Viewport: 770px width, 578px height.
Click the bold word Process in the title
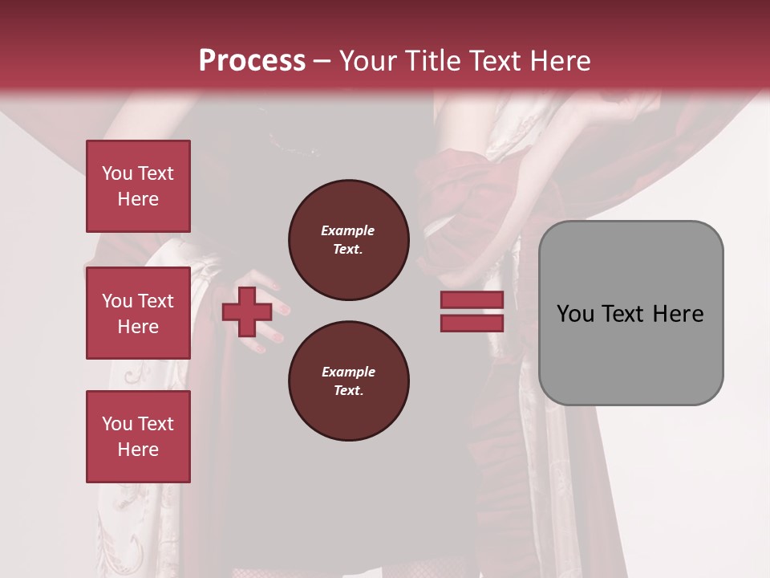[x=252, y=61]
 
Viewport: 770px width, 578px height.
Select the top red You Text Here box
[x=138, y=186]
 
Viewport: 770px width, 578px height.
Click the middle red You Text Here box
[x=138, y=313]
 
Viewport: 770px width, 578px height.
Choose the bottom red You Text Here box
[x=138, y=437]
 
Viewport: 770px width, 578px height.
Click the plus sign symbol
[x=247, y=312]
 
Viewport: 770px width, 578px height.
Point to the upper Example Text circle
[x=348, y=240]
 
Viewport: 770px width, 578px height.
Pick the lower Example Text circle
[x=348, y=381]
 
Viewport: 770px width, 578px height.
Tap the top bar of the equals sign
[x=472, y=300]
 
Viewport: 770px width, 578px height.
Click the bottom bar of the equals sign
[x=472, y=323]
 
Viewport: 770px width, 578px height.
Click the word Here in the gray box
[x=679, y=314]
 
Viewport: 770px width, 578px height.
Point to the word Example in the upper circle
[x=348, y=231]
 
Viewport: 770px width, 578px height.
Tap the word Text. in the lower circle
[x=348, y=391]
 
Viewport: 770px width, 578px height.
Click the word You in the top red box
[x=116, y=173]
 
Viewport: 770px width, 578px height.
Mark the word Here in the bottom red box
[x=138, y=450]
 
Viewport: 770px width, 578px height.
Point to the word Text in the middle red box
[x=156, y=301]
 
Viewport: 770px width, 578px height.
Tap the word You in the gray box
[x=575, y=314]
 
